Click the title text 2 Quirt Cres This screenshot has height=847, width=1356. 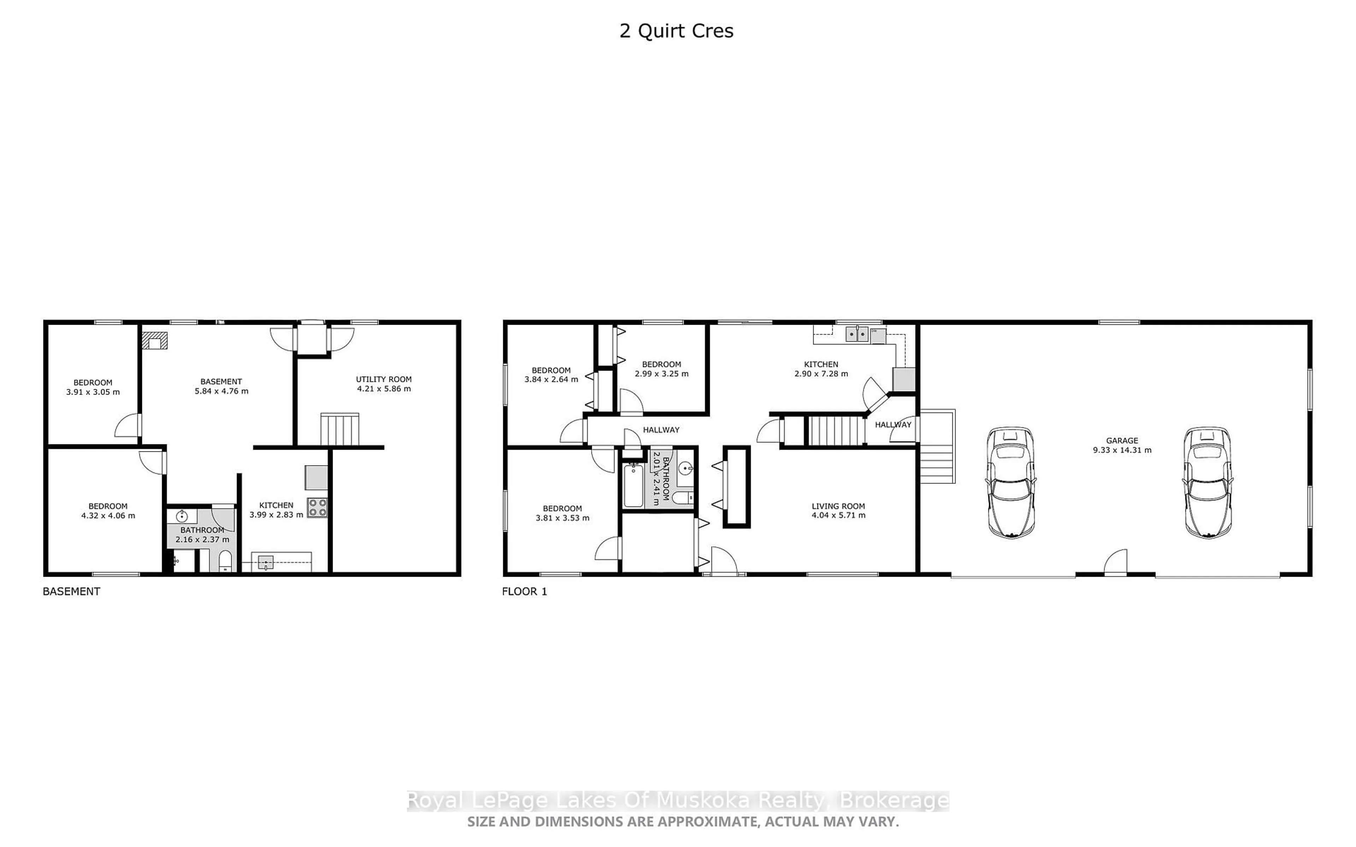coord(676,31)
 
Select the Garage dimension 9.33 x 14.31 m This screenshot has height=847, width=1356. coord(1122,450)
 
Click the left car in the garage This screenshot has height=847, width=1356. coord(1011,482)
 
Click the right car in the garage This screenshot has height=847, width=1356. coord(1208,482)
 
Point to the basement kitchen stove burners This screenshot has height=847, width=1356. coord(317,507)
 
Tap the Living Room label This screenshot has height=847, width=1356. coord(838,506)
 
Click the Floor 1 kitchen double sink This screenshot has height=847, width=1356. coord(857,335)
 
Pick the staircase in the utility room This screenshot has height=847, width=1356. coord(340,429)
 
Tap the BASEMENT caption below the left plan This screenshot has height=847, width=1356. coord(71,591)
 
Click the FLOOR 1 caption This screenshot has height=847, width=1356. coord(524,591)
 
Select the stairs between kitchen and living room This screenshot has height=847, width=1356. coord(835,429)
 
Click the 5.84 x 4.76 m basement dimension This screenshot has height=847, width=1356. coord(221,391)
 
